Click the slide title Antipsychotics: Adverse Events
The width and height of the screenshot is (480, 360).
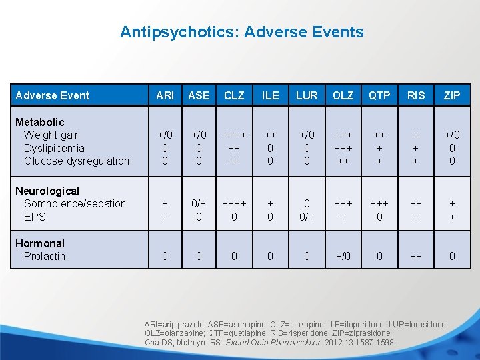click(241, 32)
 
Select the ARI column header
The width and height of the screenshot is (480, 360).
click(165, 95)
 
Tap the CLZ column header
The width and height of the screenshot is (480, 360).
click(234, 95)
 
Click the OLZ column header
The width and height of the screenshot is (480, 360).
click(343, 95)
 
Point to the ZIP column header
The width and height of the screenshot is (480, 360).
click(452, 95)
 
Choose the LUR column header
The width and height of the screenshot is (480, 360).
click(307, 95)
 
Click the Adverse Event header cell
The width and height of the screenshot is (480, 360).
click(52, 95)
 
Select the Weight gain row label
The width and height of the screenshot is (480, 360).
click(51, 135)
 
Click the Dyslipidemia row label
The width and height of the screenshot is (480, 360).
click(54, 148)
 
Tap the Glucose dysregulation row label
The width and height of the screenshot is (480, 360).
click(76, 161)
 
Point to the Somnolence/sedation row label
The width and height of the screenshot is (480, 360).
click(75, 203)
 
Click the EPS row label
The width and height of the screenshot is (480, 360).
click(35, 217)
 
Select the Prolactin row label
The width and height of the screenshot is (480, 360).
click(45, 256)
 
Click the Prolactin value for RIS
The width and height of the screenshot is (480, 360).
click(415, 256)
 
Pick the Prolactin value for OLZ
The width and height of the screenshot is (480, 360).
click(343, 256)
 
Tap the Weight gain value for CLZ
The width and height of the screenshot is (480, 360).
click(234, 135)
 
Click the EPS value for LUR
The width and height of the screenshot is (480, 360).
click(307, 217)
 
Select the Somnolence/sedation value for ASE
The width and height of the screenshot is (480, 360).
click(199, 203)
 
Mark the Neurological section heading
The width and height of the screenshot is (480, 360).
click(47, 191)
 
